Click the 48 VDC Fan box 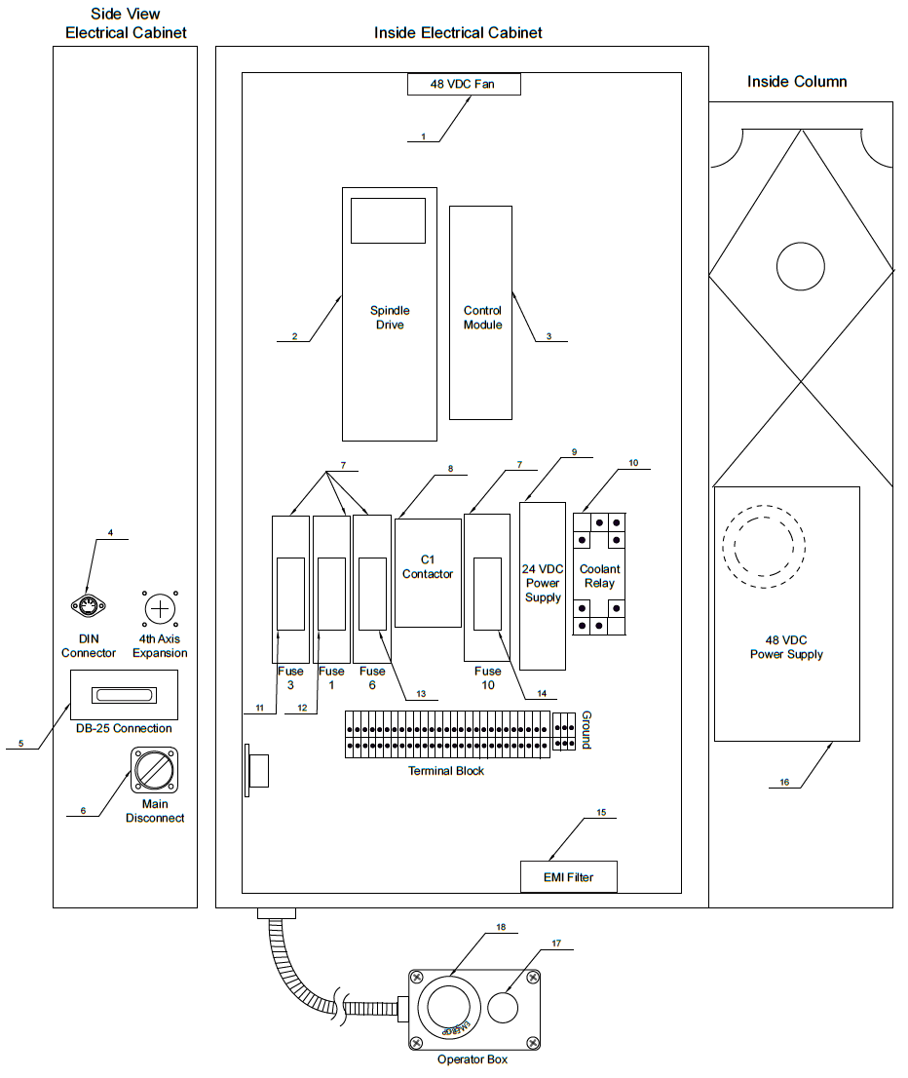pos(463,85)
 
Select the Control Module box pos(481,313)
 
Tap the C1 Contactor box pos(428,572)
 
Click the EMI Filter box pos(568,877)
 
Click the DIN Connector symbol pos(89,608)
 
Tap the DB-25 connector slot pos(123,695)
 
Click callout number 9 pos(574,452)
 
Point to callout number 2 pos(293,337)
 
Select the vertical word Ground pos(586,729)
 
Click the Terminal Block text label pos(445,771)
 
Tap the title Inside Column pos(796,82)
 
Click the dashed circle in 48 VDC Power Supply pos(765,546)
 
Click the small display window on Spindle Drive pos(387,220)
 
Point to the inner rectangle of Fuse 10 pos(487,594)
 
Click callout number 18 pos(501,928)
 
